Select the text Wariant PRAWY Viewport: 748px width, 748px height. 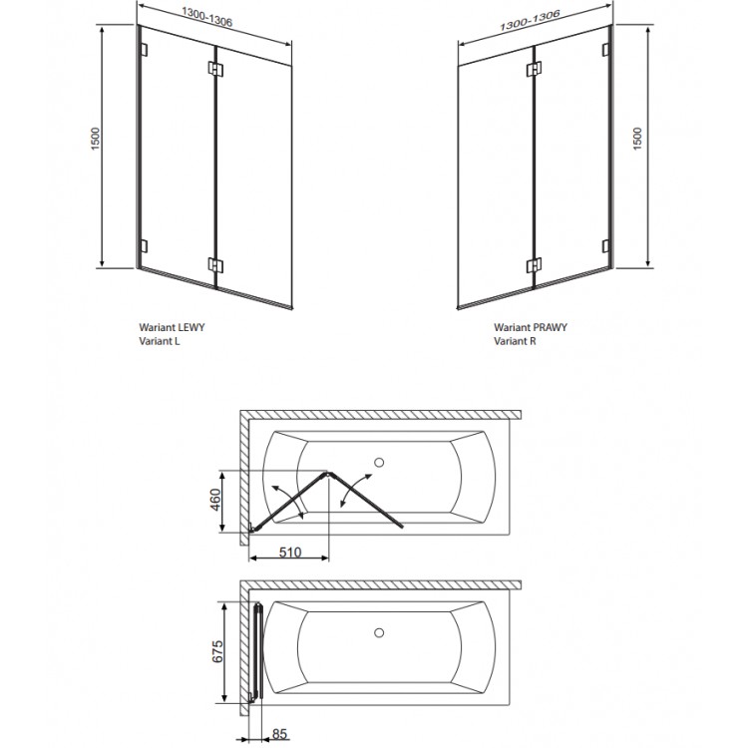click(x=530, y=326)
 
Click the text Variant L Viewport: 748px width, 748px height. click(x=162, y=341)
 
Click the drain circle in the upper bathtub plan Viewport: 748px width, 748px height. click(x=378, y=462)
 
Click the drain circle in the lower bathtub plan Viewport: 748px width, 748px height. click(x=378, y=632)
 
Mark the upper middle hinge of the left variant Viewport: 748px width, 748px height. click(x=215, y=70)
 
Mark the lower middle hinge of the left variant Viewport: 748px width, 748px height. click(x=215, y=264)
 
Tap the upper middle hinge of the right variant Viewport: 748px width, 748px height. click(x=535, y=70)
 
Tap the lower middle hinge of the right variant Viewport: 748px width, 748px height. click(x=535, y=265)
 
